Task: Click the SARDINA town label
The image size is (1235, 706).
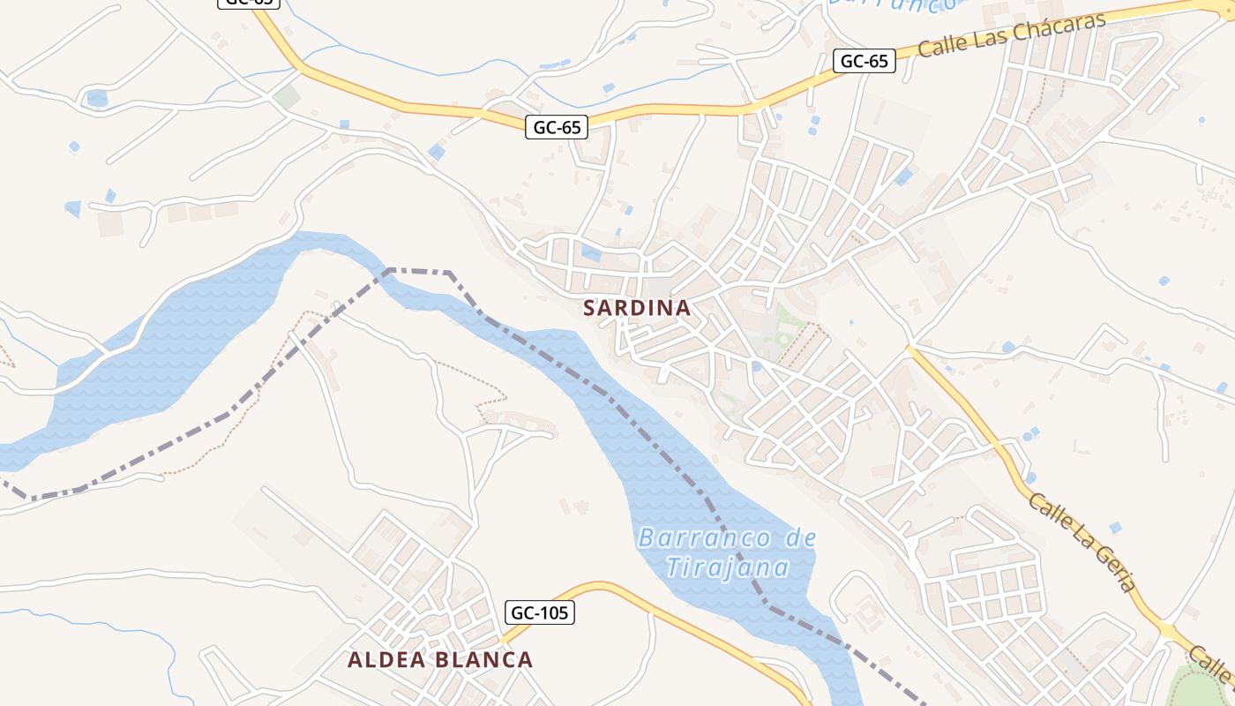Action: [636, 308]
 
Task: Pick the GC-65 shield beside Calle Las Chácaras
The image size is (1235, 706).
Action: [864, 61]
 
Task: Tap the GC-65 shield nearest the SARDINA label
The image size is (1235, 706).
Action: [558, 127]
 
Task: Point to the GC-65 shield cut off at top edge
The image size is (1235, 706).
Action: [249, 3]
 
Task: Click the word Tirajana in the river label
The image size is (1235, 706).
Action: [727, 567]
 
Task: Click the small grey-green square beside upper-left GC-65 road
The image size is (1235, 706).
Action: [286, 97]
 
